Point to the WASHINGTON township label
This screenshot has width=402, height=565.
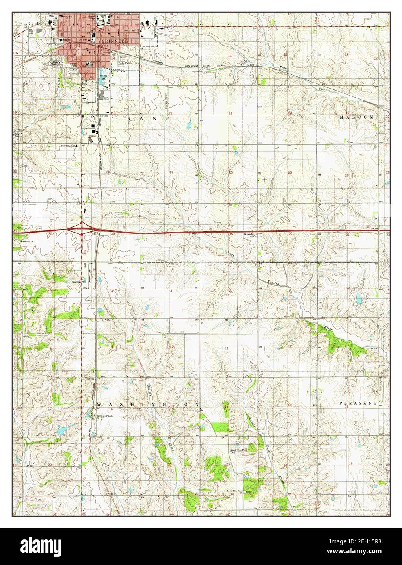point(148,405)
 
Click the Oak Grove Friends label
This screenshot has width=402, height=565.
point(104,417)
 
